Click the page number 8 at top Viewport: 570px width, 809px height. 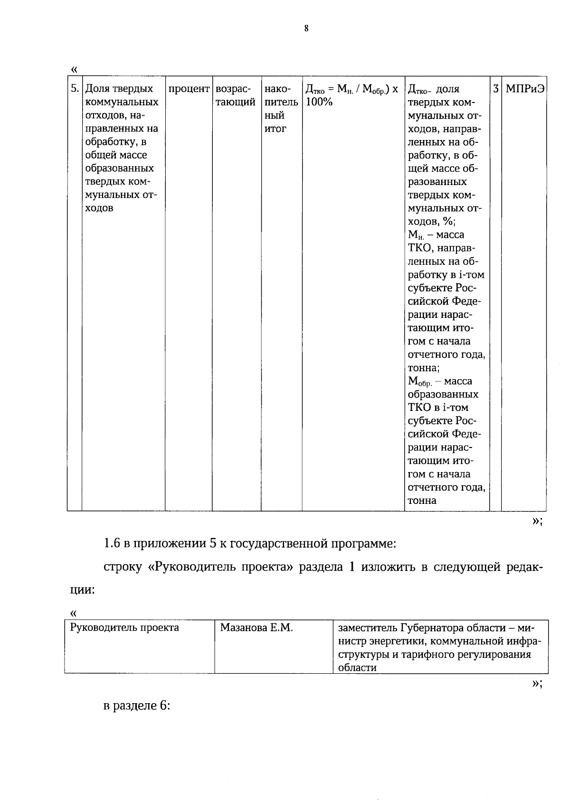tap(306, 28)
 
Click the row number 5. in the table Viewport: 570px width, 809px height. tap(75, 89)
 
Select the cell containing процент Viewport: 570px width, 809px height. tap(189, 89)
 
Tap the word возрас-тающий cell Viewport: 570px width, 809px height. tap(236, 95)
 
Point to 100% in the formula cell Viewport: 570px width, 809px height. tap(319, 102)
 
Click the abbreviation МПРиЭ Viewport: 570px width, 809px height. tap(524, 89)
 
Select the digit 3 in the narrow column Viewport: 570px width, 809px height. tap(495, 89)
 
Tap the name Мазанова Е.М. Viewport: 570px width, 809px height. tap(256, 628)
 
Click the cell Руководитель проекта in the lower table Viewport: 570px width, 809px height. tap(124, 628)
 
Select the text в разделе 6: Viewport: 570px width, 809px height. tap(137, 706)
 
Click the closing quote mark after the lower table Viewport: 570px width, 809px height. tap(536, 683)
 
